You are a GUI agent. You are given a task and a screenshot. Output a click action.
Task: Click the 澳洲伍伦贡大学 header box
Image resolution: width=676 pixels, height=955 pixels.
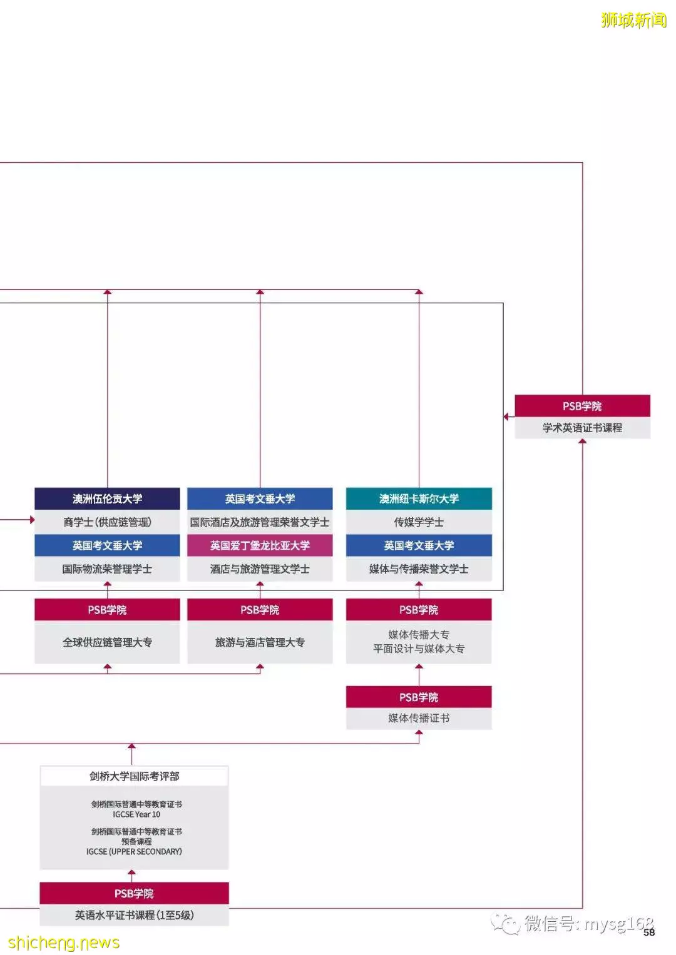click(107, 498)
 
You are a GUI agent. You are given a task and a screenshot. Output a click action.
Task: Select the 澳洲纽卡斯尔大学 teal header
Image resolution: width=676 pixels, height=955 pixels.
click(419, 498)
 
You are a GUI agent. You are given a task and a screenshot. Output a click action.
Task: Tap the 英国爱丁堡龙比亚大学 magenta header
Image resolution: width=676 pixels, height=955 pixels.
click(260, 545)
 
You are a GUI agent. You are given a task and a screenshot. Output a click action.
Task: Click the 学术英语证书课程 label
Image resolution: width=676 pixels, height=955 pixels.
click(582, 428)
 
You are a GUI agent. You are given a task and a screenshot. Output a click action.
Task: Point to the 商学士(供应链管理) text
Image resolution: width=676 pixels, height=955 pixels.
click(107, 522)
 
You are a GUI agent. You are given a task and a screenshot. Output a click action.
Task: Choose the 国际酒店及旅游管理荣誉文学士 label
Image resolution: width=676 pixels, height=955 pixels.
click(260, 522)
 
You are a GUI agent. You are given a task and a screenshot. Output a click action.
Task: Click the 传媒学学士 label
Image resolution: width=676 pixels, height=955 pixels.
click(419, 522)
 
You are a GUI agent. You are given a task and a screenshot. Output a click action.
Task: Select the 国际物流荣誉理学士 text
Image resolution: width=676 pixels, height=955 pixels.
click(107, 569)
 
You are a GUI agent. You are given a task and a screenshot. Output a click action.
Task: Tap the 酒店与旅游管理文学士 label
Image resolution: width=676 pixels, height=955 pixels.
click(260, 569)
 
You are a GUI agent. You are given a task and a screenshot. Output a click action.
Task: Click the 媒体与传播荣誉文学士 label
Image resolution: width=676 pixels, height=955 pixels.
click(419, 569)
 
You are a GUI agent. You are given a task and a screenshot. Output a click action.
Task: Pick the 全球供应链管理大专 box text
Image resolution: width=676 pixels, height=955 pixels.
click(107, 642)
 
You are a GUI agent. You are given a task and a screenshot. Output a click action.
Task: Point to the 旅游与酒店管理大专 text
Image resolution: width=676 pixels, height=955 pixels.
click(260, 642)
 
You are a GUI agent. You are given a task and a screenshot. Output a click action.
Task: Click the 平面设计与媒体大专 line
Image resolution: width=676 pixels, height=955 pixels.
click(419, 649)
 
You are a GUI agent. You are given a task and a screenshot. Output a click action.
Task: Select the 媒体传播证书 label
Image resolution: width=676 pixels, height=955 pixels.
click(419, 719)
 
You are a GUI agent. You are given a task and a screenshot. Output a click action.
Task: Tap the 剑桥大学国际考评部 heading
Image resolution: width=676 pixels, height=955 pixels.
click(134, 776)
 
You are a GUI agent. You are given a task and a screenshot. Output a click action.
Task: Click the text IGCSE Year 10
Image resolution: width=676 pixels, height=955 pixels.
click(136, 814)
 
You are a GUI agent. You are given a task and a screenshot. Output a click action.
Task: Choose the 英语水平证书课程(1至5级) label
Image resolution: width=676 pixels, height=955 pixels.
click(134, 915)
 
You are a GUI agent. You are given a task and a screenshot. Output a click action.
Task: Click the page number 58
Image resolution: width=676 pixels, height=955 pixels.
click(648, 932)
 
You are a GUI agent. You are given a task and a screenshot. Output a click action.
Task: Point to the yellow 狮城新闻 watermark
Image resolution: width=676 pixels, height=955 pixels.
click(633, 20)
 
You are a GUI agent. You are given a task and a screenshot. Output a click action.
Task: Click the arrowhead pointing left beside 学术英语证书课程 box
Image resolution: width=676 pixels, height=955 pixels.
click(506, 417)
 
